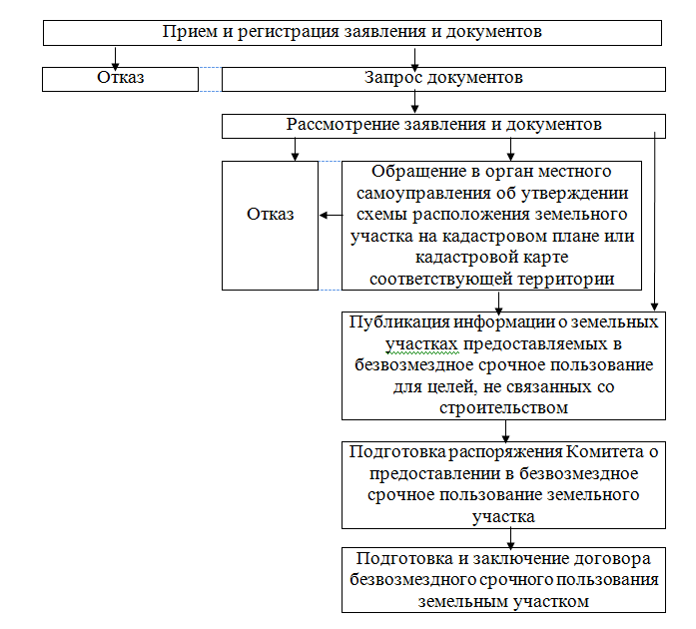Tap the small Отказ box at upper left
pos(121,78)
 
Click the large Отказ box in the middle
pos(271,215)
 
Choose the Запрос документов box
pos(443,78)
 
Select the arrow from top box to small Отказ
pos(117,56)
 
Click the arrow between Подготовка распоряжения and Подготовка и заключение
pos(509,538)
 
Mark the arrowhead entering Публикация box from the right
pos(654,308)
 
